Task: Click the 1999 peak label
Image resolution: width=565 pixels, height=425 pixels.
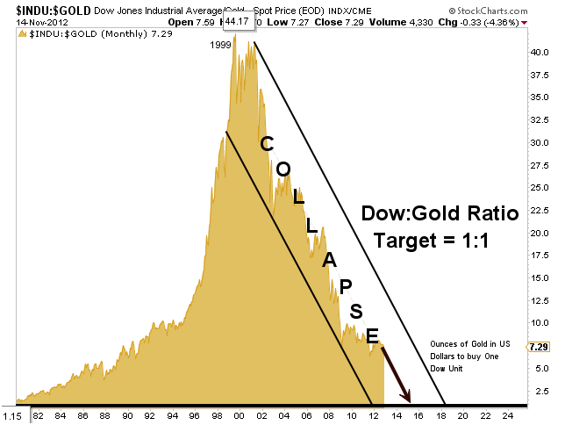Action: coord(222,44)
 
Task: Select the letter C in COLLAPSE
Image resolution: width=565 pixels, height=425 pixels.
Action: coord(268,142)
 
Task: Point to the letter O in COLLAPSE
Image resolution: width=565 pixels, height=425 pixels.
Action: coord(283,169)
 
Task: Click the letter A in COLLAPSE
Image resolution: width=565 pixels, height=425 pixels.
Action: coord(329,259)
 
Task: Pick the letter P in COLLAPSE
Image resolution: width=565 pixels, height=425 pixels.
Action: coord(345,285)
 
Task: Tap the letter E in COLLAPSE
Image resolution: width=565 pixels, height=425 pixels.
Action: coord(372,335)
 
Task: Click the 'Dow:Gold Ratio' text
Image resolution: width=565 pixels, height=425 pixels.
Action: coord(440,212)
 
